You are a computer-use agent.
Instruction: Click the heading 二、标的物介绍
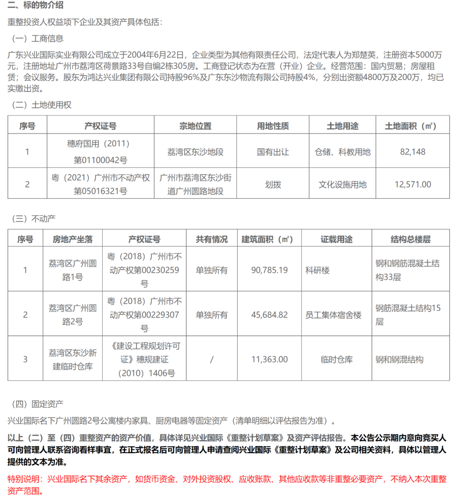pos(35,5)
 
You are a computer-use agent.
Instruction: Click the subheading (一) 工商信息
pos(38,38)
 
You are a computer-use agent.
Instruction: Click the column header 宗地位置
pos(195,126)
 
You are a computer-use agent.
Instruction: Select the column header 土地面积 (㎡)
pos(412,126)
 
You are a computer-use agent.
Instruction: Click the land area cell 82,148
pos(413,152)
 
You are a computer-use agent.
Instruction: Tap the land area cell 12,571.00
pos(413,184)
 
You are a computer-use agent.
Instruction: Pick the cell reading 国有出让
pos(273,152)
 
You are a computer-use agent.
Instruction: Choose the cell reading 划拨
pos(273,184)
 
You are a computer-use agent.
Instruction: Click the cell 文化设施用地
pos(342,184)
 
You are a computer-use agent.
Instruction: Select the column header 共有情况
pos(212,239)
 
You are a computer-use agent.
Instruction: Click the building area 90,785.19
pos(269,270)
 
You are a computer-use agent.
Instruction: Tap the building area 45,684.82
pos(269,315)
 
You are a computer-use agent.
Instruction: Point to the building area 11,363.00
pos(269,359)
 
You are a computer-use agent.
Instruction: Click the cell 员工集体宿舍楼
pos(334,315)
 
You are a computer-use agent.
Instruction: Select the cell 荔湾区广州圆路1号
pos(73,270)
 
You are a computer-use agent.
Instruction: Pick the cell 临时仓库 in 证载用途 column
pos(337,359)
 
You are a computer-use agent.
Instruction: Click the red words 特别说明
pos(25,479)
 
